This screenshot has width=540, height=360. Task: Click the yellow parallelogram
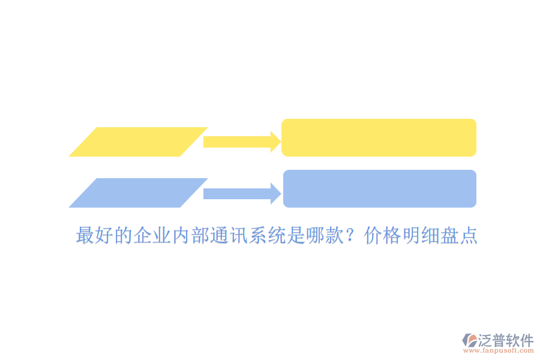138,142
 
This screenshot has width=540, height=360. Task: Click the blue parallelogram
138,193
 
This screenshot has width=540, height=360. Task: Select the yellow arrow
242,142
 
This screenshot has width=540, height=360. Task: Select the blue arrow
242,194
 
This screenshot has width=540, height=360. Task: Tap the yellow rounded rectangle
379,137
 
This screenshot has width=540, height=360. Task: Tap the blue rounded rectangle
380,188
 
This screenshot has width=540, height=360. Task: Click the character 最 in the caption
85,235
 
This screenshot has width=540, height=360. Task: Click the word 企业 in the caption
152,235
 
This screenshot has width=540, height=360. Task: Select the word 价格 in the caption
382,235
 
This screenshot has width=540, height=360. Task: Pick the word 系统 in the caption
267,235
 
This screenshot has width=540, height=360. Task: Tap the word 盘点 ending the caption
459,235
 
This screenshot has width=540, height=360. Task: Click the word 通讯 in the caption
229,235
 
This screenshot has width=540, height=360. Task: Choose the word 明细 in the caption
421,235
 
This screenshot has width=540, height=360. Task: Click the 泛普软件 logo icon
469,340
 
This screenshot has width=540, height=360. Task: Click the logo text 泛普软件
506,340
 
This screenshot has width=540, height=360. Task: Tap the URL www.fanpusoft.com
499,350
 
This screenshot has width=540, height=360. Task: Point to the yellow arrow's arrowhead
276,142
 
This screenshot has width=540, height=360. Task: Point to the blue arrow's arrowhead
276,194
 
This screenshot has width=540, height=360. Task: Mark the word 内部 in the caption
190,235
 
